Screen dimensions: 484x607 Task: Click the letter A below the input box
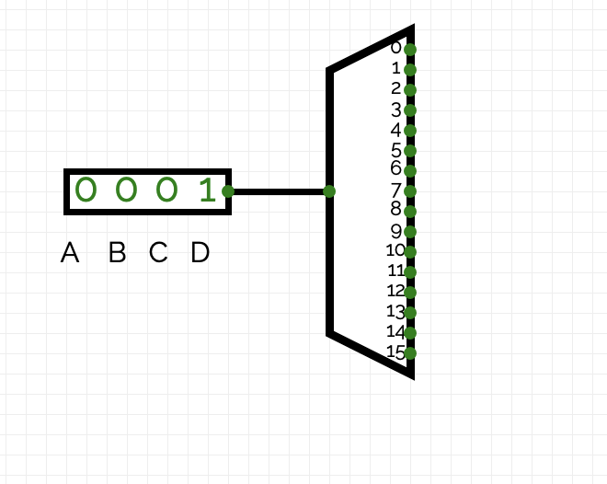pyautogui.click(x=70, y=252)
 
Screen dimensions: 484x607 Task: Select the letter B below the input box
pyautogui.click(x=117, y=252)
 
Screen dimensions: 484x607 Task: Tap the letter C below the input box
pyautogui.click(x=158, y=252)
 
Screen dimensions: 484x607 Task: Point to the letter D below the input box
pyautogui.click(x=200, y=252)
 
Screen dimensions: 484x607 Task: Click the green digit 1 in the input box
pyautogui.click(x=207, y=190)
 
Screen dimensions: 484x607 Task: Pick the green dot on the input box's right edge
pyautogui.click(x=228, y=191)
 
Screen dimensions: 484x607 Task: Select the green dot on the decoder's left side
pyautogui.click(x=329, y=191)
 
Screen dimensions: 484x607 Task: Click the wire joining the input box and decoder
pyautogui.click(x=279, y=191)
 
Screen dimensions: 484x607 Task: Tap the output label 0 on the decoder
pyautogui.click(x=396, y=48)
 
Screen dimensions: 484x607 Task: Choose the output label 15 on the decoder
pyautogui.click(x=395, y=351)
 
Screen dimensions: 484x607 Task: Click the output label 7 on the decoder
pyautogui.click(x=396, y=190)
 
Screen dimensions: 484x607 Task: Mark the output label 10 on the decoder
pyautogui.click(x=395, y=250)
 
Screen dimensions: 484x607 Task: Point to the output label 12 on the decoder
pyautogui.click(x=395, y=291)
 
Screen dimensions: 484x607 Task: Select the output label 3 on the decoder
pyautogui.click(x=396, y=109)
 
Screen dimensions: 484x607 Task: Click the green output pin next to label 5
pyautogui.click(x=410, y=150)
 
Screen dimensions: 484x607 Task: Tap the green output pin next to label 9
pyautogui.click(x=410, y=231)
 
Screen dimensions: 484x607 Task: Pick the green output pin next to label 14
pyautogui.click(x=410, y=332)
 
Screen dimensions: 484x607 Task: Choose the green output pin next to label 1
pyautogui.click(x=410, y=69)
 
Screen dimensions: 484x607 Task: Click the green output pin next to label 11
pyautogui.click(x=410, y=271)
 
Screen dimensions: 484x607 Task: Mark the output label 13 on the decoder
pyautogui.click(x=395, y=311)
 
